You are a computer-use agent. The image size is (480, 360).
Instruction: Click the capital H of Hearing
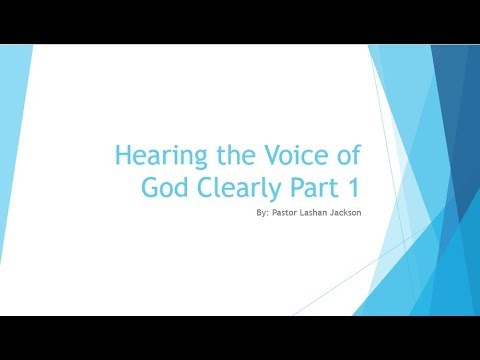click(123, 156)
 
